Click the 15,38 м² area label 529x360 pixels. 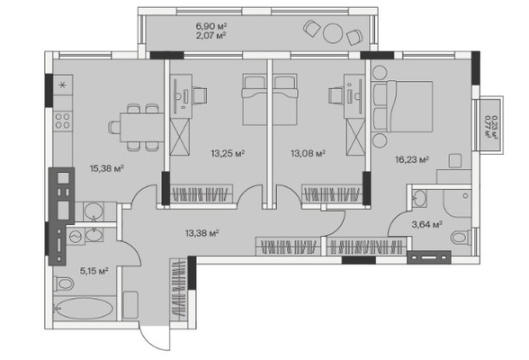pyautogui.click(x=107, y=168)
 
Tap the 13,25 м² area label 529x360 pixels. pyautogui.click(x=229, y=154)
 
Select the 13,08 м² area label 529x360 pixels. pyautogui.click(x=308, y=154)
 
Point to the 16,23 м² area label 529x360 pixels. pyautogui.click(x=412, y=159)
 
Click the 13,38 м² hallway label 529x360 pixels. pyautogui.click(x=202, y=233)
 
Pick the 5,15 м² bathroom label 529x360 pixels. pyautogui.click(x=94, y=271)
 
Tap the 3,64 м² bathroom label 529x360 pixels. pyautogui.click(x=427, y=224)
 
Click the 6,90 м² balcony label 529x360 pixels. pyautogui.click(x=211, y=26)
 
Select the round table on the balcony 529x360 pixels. pyautogui.click(x=333, y=32)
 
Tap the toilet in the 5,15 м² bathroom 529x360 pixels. pyautogui.click(x=64, y=283)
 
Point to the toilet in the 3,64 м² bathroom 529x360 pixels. pyautogui.click(x=461, y=238)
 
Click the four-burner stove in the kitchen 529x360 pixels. pyautogui.click(x=63, y=121)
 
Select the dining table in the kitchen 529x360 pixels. pyautogui.click(x=142, y=128)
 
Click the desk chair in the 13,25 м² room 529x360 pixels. pyautogui.click(x=200, y=95)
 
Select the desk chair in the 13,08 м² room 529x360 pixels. pyautogui.click(x=336, y=95)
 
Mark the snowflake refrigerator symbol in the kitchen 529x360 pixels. pyautogui.click(x=63, y=85)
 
